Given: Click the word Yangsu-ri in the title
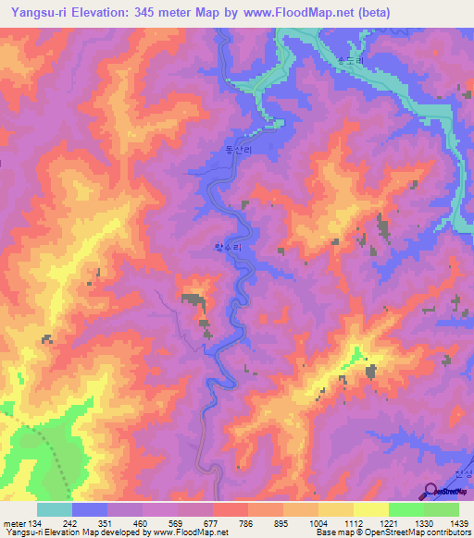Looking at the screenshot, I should click(x=40, y=12).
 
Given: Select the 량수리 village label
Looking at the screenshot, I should click(x=227, y=249).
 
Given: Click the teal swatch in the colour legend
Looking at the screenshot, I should click(x=55, y=509).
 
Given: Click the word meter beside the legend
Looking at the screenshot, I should click(x=15, y=522).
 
